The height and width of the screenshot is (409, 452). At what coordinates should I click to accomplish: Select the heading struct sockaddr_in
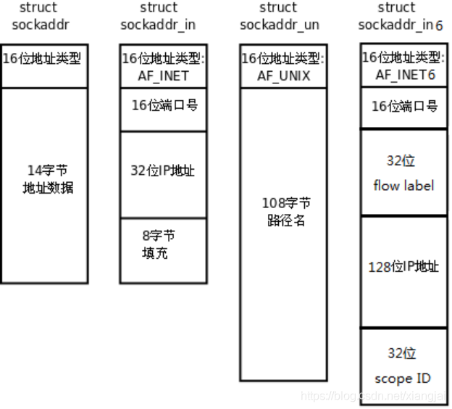159,17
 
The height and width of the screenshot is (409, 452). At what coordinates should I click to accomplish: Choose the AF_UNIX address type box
283,66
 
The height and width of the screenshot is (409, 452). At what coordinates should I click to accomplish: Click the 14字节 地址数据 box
45,185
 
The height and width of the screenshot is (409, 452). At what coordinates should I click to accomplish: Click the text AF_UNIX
283,75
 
